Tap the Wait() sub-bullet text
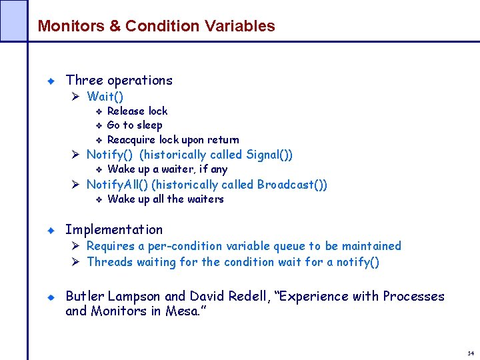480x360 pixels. (x=105, y=97)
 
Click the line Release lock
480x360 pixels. (x=137, y=111)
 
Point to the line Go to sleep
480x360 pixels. (x=135, y=125)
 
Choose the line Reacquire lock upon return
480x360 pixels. (x=173, y=139)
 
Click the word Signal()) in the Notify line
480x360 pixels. (x=269, y=155)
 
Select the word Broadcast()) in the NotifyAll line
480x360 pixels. (x=292, y=185)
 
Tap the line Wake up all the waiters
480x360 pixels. (x=165, y=199)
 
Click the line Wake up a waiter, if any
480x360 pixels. (x=167, y=169)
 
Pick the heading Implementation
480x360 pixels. (x=114, y=229)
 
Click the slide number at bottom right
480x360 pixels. (x=471, y=353)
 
